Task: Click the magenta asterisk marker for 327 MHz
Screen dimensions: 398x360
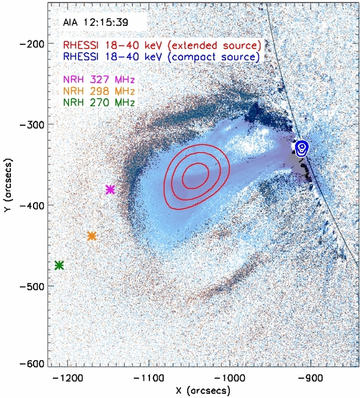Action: point(110,189)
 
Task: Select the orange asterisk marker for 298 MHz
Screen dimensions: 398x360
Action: point(92,236)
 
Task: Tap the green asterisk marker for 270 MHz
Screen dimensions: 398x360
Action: point(59,265)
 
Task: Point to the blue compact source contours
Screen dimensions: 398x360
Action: point(302,147)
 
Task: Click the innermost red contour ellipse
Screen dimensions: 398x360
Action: point(196,176)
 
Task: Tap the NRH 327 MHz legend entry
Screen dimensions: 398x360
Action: point(99,80)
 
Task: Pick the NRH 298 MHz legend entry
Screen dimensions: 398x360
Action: point(99,91)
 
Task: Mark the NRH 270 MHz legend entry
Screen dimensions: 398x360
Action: point(99,102)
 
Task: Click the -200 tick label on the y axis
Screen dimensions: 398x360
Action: point(34,44)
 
